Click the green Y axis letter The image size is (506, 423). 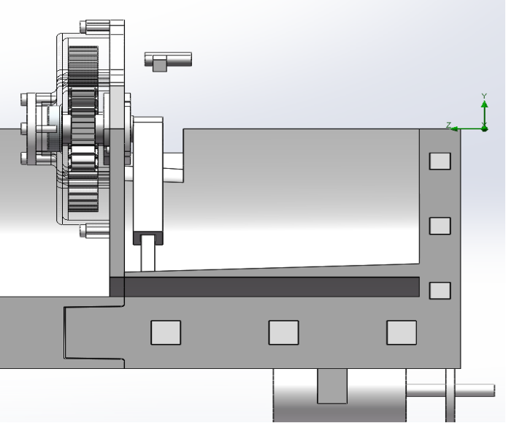pos(484,96)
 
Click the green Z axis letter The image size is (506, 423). pos(448,125)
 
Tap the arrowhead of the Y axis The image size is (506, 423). pos(484,104)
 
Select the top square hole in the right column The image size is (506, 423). pos(440,161)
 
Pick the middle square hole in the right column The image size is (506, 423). pos(440,226)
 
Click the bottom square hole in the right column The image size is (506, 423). pos(440,291)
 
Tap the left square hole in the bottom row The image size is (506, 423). pos(166,332)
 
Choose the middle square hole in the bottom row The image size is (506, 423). pos(283,332)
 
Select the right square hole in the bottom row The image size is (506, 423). pos(402,332)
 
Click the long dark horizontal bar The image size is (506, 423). pos(264,286)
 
